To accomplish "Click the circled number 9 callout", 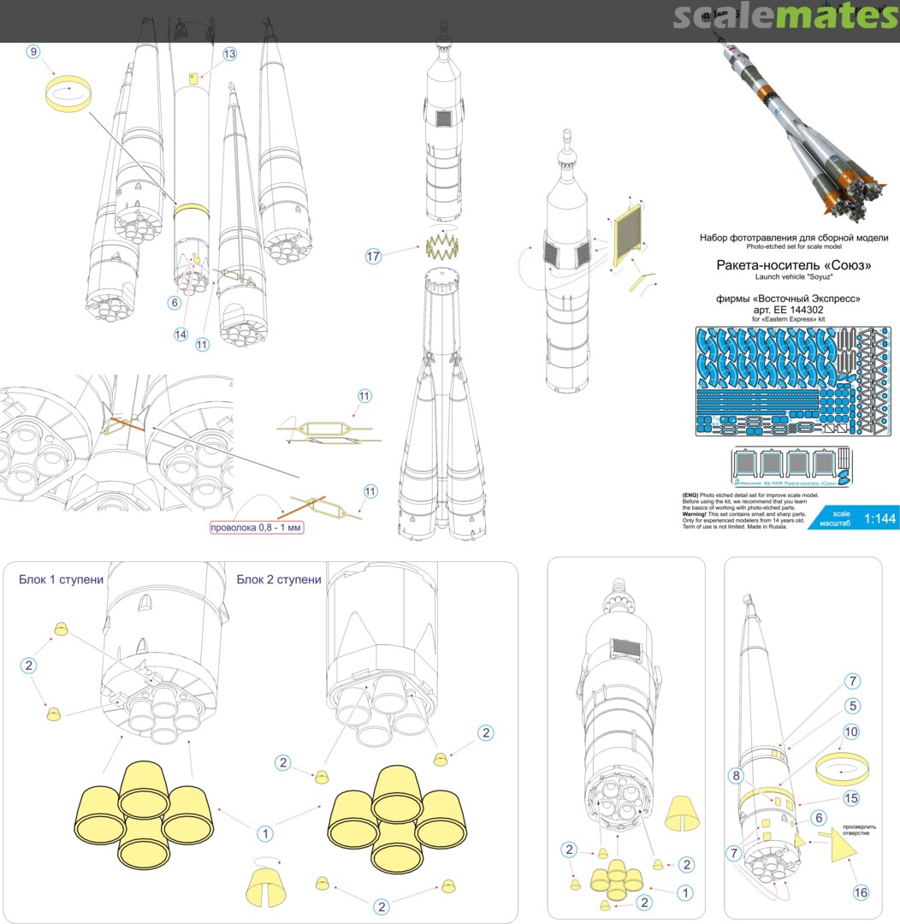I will pos(33,52).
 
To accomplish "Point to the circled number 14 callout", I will pos(181,335).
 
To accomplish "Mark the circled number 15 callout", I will pos(851,797).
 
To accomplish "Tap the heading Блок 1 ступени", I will pos(62,579).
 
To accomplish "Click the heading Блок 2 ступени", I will pos(279,579).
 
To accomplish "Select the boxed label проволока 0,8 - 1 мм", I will pos(257,527).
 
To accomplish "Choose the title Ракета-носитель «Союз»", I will pos(793,265).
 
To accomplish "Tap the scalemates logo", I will pos(785,17).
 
